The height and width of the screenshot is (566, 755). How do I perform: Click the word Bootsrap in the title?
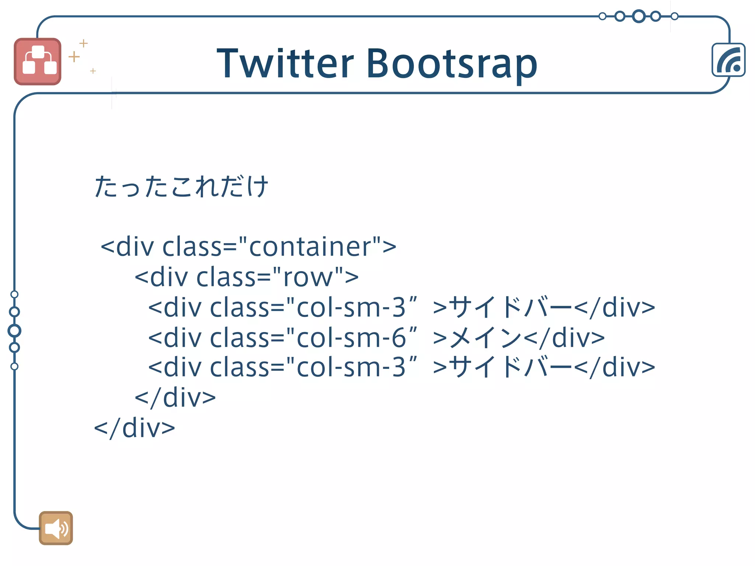coord(451,63)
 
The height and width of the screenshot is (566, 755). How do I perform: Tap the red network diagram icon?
coord(38,62)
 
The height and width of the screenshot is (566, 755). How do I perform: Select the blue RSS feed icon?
coord(728,60)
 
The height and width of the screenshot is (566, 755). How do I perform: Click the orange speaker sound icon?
coord(56,528)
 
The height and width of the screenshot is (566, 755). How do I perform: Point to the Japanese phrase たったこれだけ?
coord(181,186)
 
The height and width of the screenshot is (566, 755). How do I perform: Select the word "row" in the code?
coord(308,277)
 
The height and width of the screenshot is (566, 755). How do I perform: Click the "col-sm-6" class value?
coord(351,337)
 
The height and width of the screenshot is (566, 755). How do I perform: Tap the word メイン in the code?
coord(486,337)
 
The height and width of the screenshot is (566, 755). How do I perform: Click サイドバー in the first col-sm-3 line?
coord(511,307)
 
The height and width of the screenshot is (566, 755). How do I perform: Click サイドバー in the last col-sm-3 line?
coord(511,367)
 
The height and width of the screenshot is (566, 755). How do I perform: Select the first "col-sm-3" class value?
coord(351,307)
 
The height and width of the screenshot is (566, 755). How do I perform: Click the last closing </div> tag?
coord(135,428)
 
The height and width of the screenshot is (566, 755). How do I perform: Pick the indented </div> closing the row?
coord(175,398)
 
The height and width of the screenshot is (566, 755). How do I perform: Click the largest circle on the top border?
coord(639,16)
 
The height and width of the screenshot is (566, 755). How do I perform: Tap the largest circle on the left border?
coord(14,331)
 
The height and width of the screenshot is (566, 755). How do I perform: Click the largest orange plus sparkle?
coord(74,56)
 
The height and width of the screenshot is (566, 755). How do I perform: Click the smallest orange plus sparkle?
coord(93,71)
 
